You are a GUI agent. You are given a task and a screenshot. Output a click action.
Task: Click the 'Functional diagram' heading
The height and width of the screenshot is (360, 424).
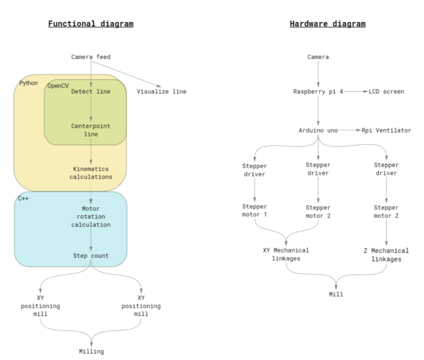[91, 24]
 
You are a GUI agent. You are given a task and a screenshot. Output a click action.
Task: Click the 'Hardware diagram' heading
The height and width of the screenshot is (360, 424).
[328, 24]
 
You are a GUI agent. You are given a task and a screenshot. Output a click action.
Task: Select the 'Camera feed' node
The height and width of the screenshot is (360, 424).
[91, 57]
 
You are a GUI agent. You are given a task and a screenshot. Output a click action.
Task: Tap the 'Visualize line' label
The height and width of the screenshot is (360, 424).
[161, 92]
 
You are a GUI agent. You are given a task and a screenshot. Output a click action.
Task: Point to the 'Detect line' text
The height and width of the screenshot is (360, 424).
[90, 92]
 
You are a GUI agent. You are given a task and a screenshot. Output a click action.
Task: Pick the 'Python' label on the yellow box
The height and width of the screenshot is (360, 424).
[28, 83]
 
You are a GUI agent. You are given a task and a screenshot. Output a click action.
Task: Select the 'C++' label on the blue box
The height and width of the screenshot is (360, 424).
[24, 199]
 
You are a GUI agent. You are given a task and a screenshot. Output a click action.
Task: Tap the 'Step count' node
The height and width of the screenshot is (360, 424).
[91, 255]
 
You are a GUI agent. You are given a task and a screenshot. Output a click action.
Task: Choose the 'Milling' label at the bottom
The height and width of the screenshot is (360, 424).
[91, 351]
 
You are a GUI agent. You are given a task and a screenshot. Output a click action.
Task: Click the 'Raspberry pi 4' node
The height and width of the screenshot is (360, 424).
[318, 92]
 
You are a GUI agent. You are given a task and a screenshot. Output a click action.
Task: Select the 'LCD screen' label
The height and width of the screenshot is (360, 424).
[386, 92]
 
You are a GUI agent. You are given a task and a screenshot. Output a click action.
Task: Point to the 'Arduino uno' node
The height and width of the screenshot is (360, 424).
[318, 131]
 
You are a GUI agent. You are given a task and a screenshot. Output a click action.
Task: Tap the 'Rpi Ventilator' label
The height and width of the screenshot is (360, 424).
[386, 131]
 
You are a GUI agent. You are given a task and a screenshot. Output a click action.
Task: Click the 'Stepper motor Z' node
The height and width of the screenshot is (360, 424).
[386, 211]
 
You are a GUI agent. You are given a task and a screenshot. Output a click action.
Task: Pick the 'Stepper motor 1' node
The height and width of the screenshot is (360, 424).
[254, 211]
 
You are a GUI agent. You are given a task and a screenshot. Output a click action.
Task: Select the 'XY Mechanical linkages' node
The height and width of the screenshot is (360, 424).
[286, 254]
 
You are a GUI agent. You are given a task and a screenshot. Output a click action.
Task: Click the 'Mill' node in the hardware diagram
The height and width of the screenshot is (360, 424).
[336, 294]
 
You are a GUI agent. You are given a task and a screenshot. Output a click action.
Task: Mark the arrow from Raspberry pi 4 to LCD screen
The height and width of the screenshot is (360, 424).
[355, 92]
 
